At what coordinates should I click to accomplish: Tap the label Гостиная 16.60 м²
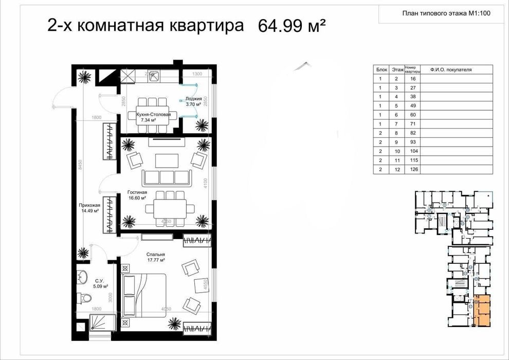point(138,195)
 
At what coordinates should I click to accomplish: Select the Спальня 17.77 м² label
point(155,257)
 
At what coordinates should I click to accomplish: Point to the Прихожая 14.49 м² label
point(90,208)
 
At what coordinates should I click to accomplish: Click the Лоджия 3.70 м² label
point(193,101)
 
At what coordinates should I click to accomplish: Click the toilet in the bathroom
point(85,298)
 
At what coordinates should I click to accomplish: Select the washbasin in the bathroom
point(83,277)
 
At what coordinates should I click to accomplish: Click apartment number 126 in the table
point(412,169)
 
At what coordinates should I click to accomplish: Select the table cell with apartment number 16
point(412,79)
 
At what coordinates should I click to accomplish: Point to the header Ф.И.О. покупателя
point(451,69)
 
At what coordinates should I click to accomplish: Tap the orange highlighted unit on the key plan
point(482,312)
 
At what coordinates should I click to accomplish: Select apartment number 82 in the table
point(412,133)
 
